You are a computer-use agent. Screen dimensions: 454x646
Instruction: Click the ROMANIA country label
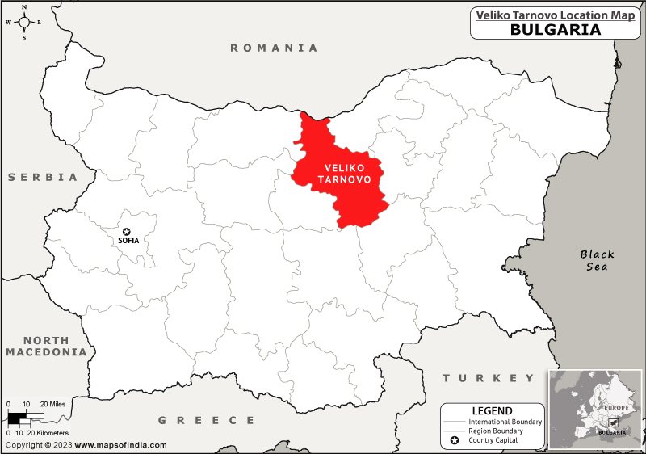[275, 48]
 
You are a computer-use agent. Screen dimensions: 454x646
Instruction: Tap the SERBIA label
[44, 177]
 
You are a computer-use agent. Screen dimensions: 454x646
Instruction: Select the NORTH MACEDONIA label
[45, 347]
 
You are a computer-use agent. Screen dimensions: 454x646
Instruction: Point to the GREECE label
[206, 420]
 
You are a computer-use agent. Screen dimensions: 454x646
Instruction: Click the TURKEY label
[489, 378]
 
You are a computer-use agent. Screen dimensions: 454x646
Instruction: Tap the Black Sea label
[597, 260]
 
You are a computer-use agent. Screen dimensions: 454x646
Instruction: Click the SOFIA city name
[128, 241]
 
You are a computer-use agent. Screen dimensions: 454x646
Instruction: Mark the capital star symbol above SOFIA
[126, 231]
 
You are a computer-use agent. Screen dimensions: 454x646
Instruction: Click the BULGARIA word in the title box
[555, 29]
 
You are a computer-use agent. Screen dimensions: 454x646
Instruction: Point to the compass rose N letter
[24, 6]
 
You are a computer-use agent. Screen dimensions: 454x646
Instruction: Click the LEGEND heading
[492, 410]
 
